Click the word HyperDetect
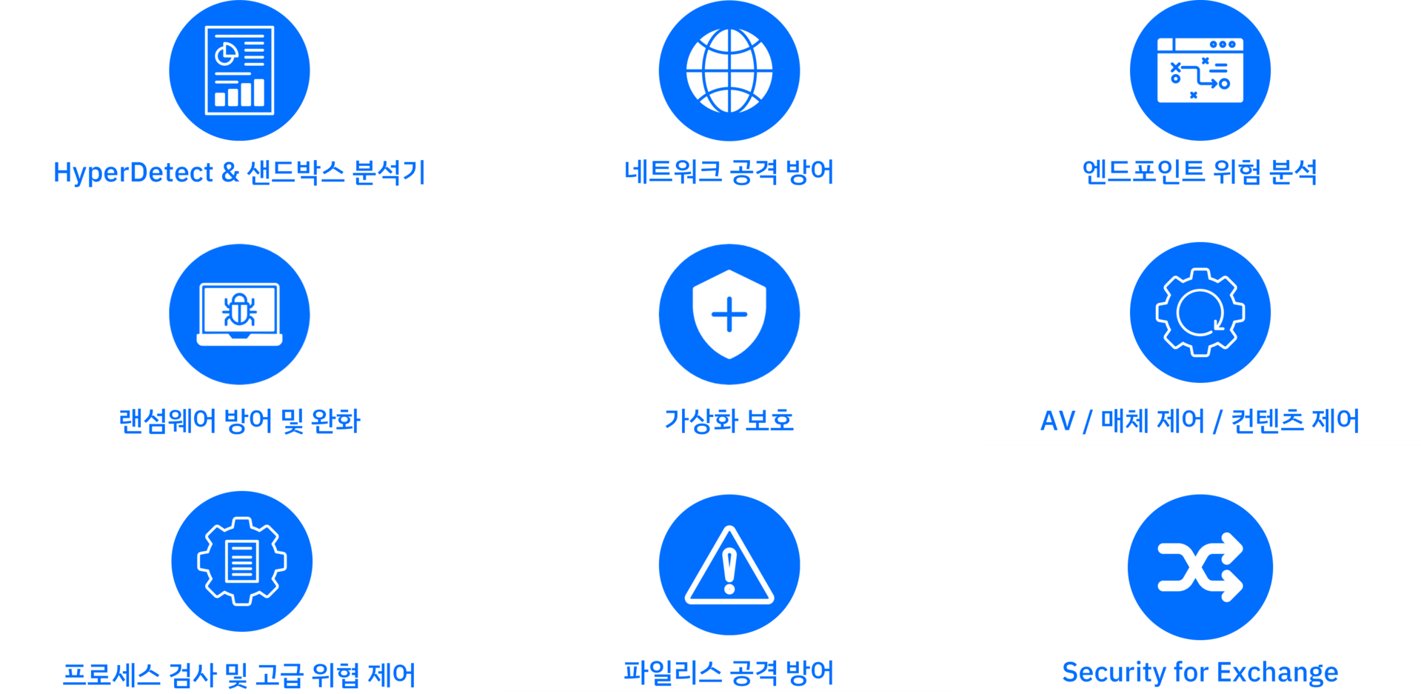pos(133,173)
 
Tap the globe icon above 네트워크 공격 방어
pos(729,71)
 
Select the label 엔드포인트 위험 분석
pos(1200,173)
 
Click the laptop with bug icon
pos(239,314)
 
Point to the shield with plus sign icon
pos(729,314)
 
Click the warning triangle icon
pos(729,565)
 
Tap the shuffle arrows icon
pos(1200,567)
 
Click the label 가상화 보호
pos(729,421)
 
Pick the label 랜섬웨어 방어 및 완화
pos(239,422)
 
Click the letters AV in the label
pos(1057,421)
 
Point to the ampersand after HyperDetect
pos(230,173)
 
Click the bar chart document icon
pos(239,71)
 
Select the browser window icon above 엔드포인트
pos(1200,71)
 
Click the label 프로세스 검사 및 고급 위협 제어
pos(239,675)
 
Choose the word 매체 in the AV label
pos(1123,421)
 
